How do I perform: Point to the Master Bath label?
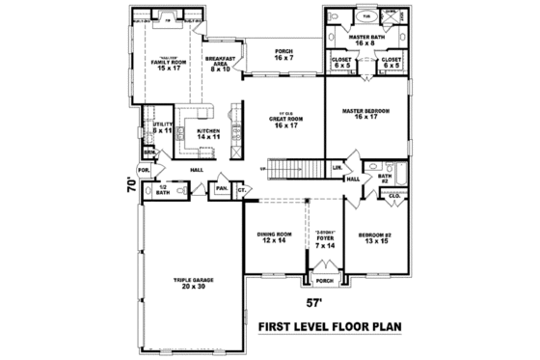point(367,40)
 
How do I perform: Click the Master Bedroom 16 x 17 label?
point(365,114)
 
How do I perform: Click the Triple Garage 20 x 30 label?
point(193,283)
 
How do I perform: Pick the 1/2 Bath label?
point(163,190)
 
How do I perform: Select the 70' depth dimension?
point(131,183)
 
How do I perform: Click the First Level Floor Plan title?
point(327,328)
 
